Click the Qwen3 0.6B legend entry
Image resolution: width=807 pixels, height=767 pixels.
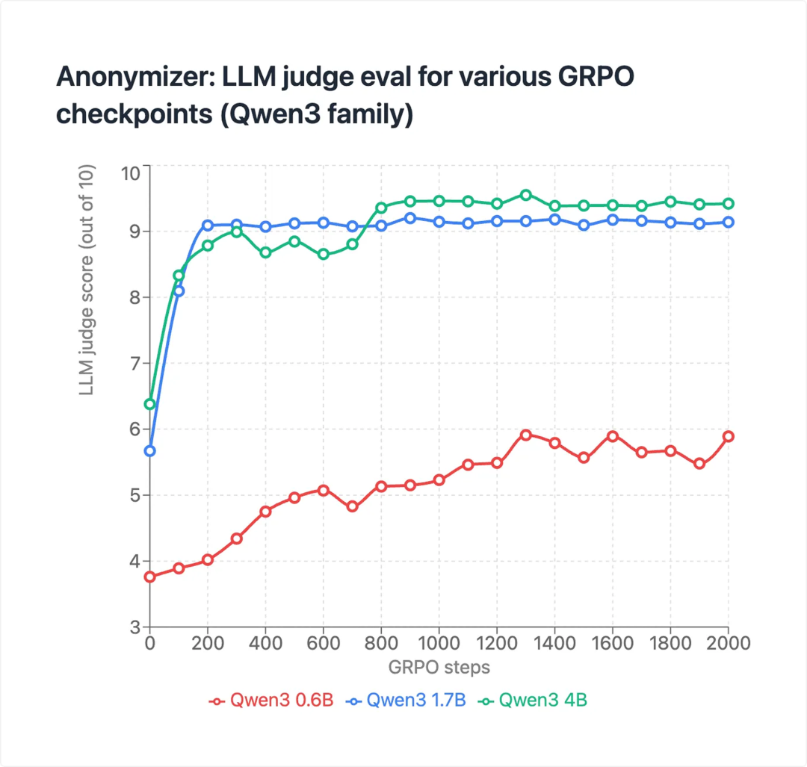[270, 701]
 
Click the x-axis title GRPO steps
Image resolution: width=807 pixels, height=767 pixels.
[439, 666]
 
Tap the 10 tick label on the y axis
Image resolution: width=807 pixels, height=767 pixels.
[130, 173]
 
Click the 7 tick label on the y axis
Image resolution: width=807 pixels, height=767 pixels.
[134, 364]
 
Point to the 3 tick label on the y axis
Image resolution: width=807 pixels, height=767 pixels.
[134, 627]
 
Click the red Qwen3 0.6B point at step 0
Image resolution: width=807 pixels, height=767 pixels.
[149, 577]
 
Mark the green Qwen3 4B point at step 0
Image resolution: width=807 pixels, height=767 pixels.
[149, 404]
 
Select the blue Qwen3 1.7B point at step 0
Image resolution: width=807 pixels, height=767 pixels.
[149, 451]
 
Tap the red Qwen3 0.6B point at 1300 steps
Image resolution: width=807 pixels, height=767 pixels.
[526, 435]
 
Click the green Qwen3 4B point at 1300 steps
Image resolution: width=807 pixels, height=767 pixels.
[526, 195]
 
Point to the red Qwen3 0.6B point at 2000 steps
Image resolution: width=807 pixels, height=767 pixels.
[729, 436]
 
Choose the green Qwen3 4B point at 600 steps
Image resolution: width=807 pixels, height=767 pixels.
[324, 254]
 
